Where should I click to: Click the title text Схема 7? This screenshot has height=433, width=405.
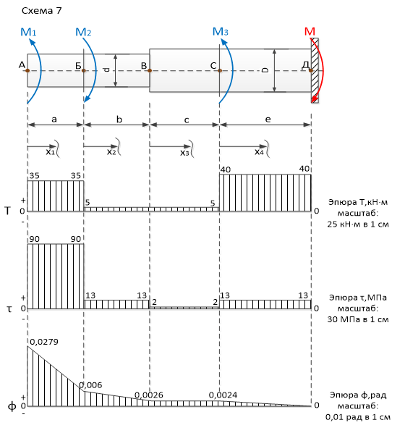(x=42, y=10)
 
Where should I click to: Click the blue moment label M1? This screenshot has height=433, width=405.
(x=28, y=32)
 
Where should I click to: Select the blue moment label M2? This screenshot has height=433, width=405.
(x=83, y=32)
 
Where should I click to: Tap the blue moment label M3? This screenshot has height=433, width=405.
(x=220, y=31)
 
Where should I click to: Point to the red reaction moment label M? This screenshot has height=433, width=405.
(x=310, y=31)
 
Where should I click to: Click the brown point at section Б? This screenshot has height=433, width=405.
(x=84, y=71)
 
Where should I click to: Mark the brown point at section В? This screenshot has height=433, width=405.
(x=150, y=71)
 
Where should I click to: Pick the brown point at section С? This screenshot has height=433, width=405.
(x=220, y=71)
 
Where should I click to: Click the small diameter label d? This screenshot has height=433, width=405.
(x=108, y=70)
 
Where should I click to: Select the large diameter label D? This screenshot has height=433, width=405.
(x=265, y=70)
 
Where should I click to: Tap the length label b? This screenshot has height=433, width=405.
(x=119, y=119)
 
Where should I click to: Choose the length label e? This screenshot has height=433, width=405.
(x=268, y=119)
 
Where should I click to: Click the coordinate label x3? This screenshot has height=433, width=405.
(x=184, y=153)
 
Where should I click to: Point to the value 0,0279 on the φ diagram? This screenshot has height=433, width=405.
(x=44, y=342)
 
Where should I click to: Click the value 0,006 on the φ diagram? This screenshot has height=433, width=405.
(x=90, y=385)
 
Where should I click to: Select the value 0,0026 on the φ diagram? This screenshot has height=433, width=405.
(x=149, y=395)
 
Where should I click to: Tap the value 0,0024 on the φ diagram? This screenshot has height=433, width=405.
(x=223, y=395)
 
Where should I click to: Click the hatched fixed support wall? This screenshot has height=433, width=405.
(x=315, y=71)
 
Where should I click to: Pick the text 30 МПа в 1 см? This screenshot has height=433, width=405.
(x=358, y=319)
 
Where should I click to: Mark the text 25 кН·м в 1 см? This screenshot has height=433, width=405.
(x=358, y=224)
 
